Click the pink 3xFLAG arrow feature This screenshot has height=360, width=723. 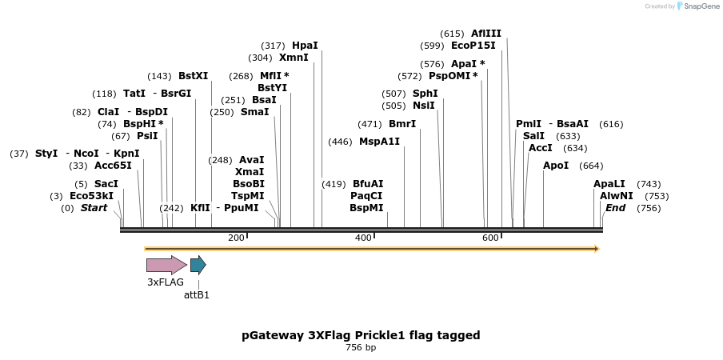pyautogui.click(x=166, y=265)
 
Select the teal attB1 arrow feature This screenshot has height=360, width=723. pyautogui.click(x=198, y=265)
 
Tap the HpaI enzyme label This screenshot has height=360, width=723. pyautogui.click(x=305, y=46)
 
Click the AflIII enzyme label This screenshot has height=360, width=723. pyautogui.click(x=486, y=34)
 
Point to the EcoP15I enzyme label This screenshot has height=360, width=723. pyautogui.click(x=473, y=46)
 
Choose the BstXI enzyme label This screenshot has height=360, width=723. pyautogui.click(x=193, y=76)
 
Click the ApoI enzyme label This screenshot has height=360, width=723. pyautogui.click(x=556, y=166)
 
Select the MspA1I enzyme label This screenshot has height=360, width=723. pyautogui.click(x=379, y=142)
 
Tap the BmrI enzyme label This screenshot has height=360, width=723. pyautogui.click(x=402, y=124)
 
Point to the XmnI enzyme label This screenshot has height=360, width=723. pyautogui.click(x=294, y=58)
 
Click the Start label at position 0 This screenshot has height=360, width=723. pyautogui.click(x=94, y=208)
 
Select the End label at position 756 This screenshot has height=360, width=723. pyautogui.click(x=615, y=208)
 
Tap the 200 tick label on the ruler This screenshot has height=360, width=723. pyautogui.click(x=236, y=238)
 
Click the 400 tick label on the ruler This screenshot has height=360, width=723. pyautogui.click(x=363, y=238)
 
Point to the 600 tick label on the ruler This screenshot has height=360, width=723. pyautogui.click(x=490, y=238)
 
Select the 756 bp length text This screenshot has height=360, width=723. pyautogui.click(x=361, y=348)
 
